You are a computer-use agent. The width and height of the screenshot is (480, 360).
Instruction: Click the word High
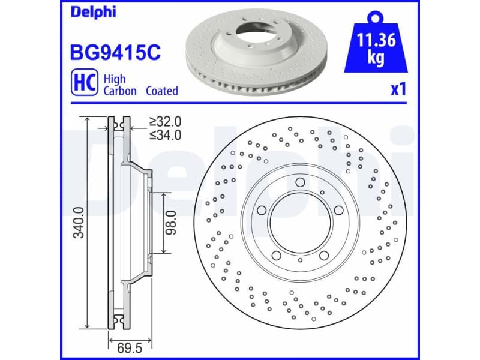pos(114,78)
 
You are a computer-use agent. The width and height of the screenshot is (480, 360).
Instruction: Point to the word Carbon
pos(120,91)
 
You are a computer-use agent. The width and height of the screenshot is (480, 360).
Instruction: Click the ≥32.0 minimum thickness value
pos(165,122)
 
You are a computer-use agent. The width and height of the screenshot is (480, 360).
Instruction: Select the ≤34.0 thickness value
pos(165,135)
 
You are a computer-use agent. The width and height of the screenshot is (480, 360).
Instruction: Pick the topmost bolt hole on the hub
pos(300,182)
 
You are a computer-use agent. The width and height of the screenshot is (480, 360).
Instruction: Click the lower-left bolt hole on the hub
pos(276,256)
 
